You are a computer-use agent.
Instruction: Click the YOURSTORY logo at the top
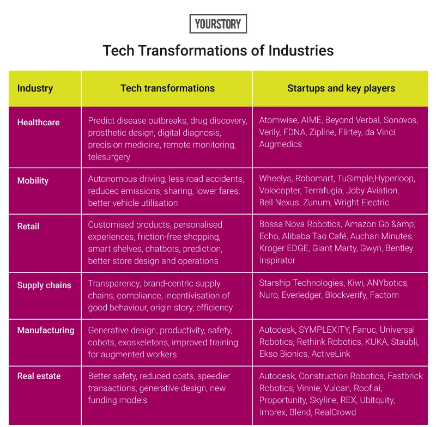tap(218, 24)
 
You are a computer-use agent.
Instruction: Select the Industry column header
tap(35, 88)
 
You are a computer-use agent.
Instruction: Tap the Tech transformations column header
tap(167, 88)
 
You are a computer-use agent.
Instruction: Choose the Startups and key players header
tap(341, 88)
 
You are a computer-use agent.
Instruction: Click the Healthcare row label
tap(38, 122)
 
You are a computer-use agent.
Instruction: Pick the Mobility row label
tap(33, 180)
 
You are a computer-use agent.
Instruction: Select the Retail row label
tap(28, 226)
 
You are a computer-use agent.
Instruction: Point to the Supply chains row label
tap(44, 285)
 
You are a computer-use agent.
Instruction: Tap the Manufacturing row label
tap(46, 330)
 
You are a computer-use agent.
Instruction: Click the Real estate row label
tap(39, 376)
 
